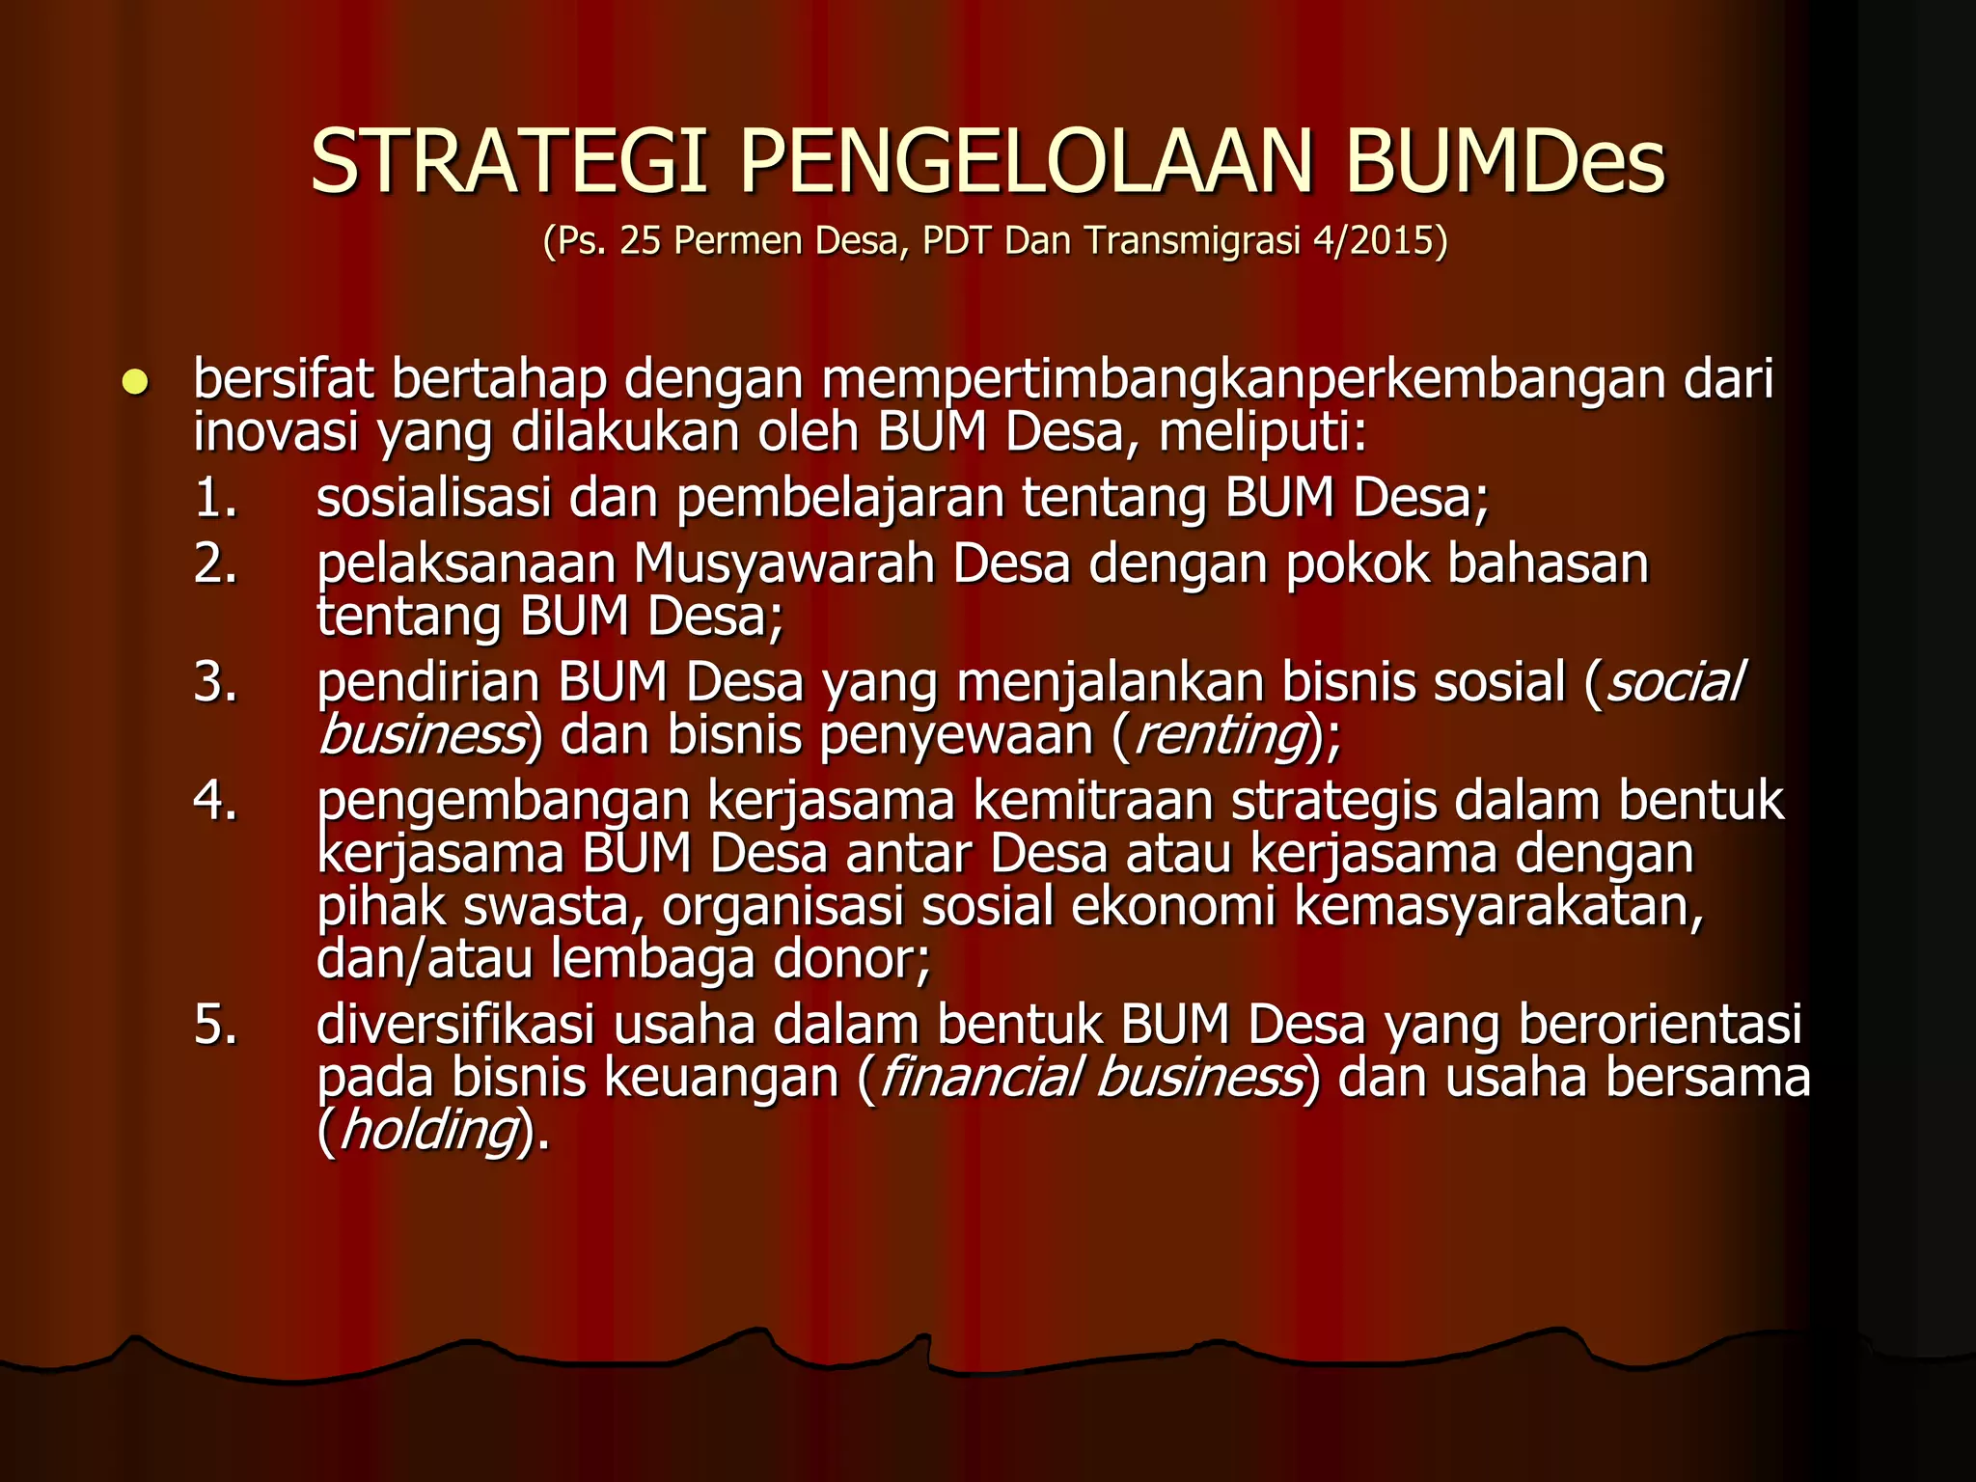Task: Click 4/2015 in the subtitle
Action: [x=1381, y=241]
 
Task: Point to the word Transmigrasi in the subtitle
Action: [x=1192, y=241]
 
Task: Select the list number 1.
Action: [x=214, y=499]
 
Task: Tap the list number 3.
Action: [x=214, y=682]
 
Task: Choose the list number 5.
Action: [x=214, y=1025]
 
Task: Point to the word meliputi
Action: [x=1262, y=433]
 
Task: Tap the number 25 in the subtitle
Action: [x=641, y=241]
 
